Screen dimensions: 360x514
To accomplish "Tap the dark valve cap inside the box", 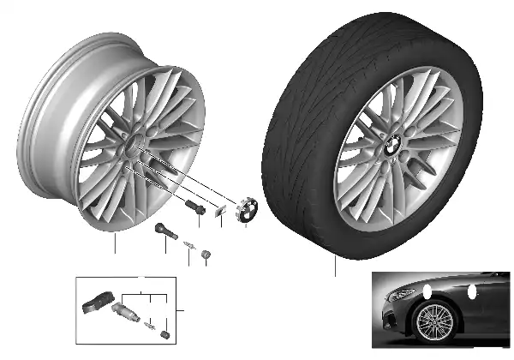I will (x=164, y=328).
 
